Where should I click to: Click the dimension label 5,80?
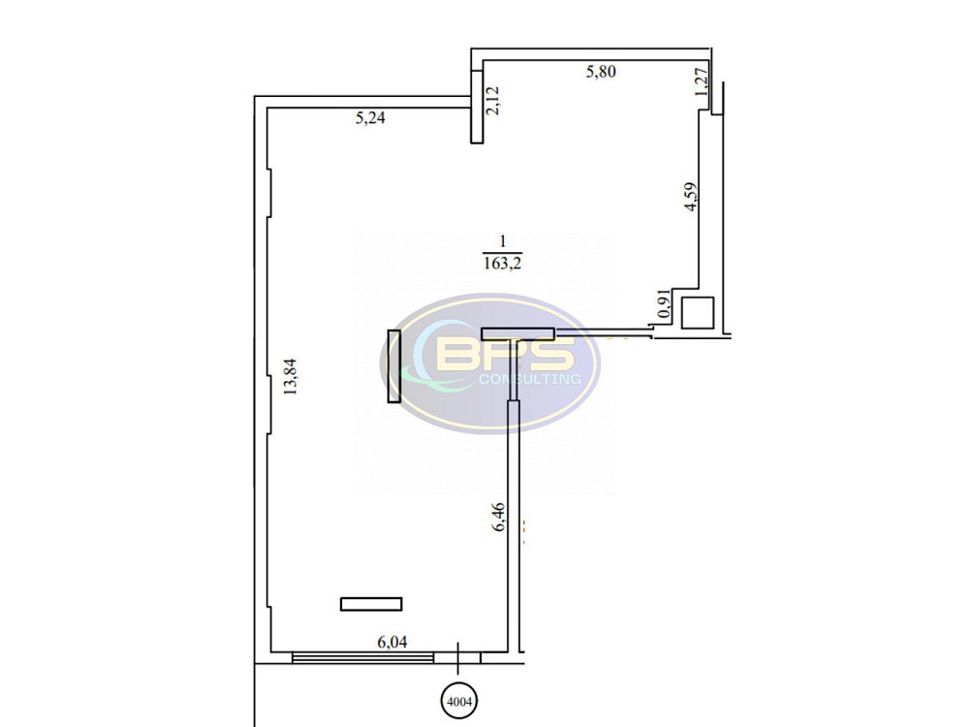tap(601, 72)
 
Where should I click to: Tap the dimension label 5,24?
tap(370, 117)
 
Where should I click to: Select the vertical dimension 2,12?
tap(492, 101)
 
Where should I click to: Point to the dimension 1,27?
tap(701, 81)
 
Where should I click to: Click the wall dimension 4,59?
tap(691, 197)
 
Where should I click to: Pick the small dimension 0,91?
tap(665, 304)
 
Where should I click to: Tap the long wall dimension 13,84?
tap(290, 376)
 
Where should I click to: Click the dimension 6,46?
tap(498, 517)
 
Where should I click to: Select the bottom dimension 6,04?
tap(392, 643)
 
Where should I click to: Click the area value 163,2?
tap(502, 264)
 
